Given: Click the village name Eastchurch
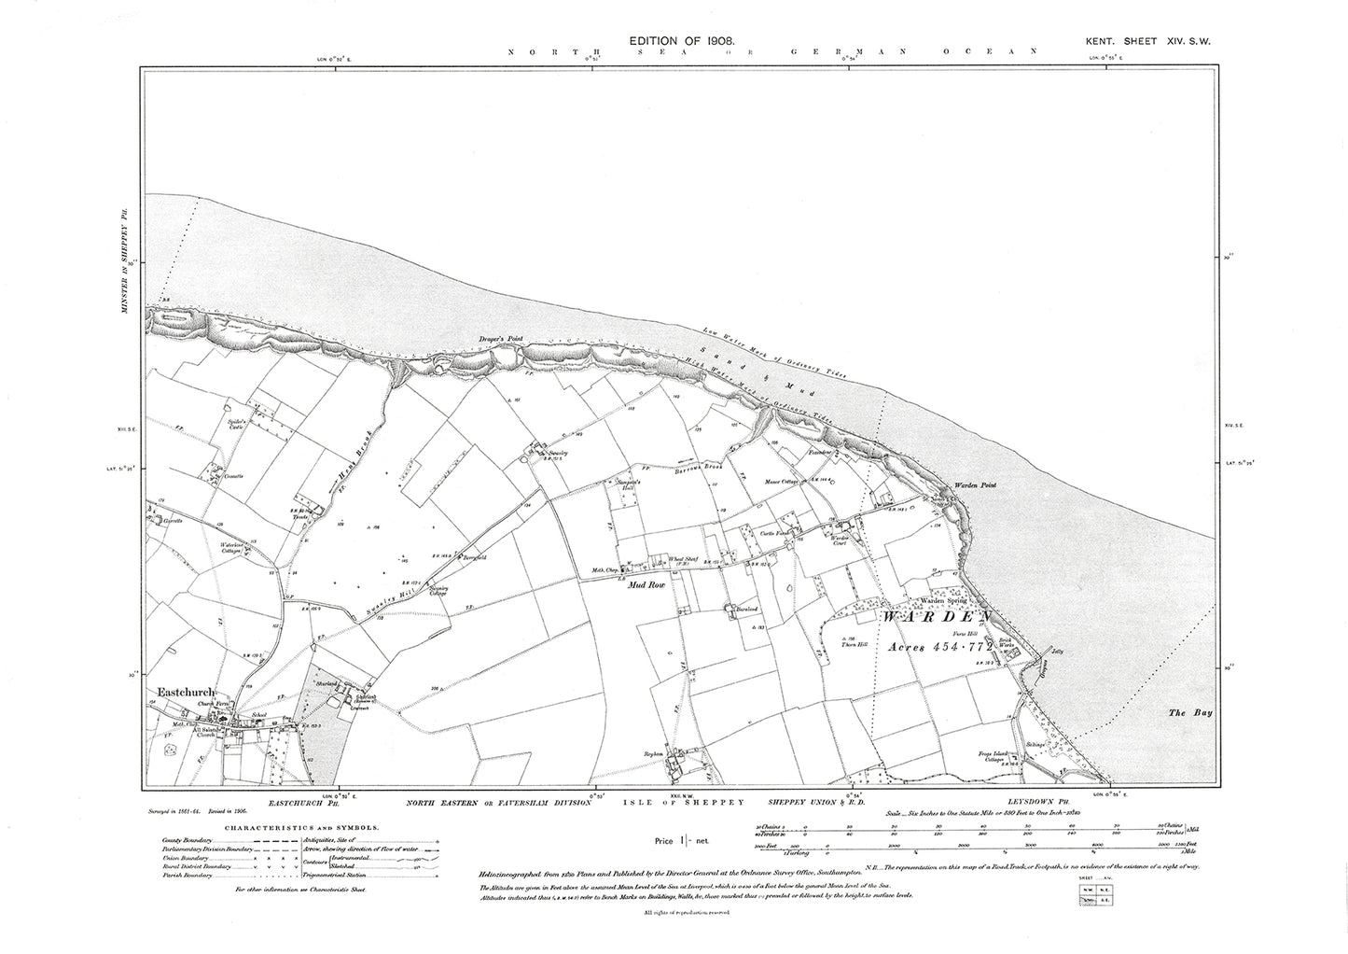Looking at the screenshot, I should (x=187, y=693).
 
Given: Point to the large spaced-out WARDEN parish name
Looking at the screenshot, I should (x=936, y=618).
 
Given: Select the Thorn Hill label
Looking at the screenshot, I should (x=855, y=644).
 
